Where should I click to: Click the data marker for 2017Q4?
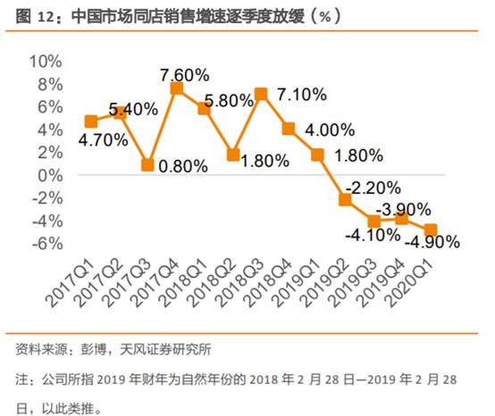(x=177, y=88)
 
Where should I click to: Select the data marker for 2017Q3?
(x=149, y=165)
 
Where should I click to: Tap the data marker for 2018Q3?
(x=261, y=94)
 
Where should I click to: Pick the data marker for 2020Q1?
(x=430, y=230)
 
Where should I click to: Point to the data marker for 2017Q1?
(x=91, y=121)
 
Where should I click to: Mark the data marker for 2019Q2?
(x=346, y=199)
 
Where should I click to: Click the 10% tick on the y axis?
(x=45, y=62)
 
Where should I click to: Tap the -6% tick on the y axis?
(x=46, y=244)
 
